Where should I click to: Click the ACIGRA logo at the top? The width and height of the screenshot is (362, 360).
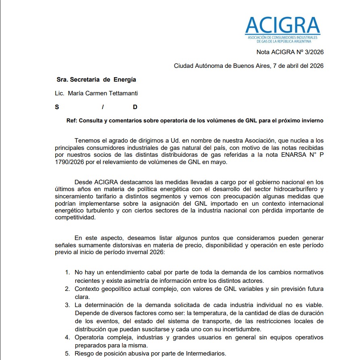click(x=282, y=28)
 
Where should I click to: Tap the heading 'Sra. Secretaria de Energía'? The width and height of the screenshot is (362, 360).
click(x=96, y=80)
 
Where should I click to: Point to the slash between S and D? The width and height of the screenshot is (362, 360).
click(x=103, y=107)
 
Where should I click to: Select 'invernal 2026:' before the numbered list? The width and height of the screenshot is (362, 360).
click(x=147, y=252)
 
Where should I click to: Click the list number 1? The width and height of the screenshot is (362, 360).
click(x=67, y=272)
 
